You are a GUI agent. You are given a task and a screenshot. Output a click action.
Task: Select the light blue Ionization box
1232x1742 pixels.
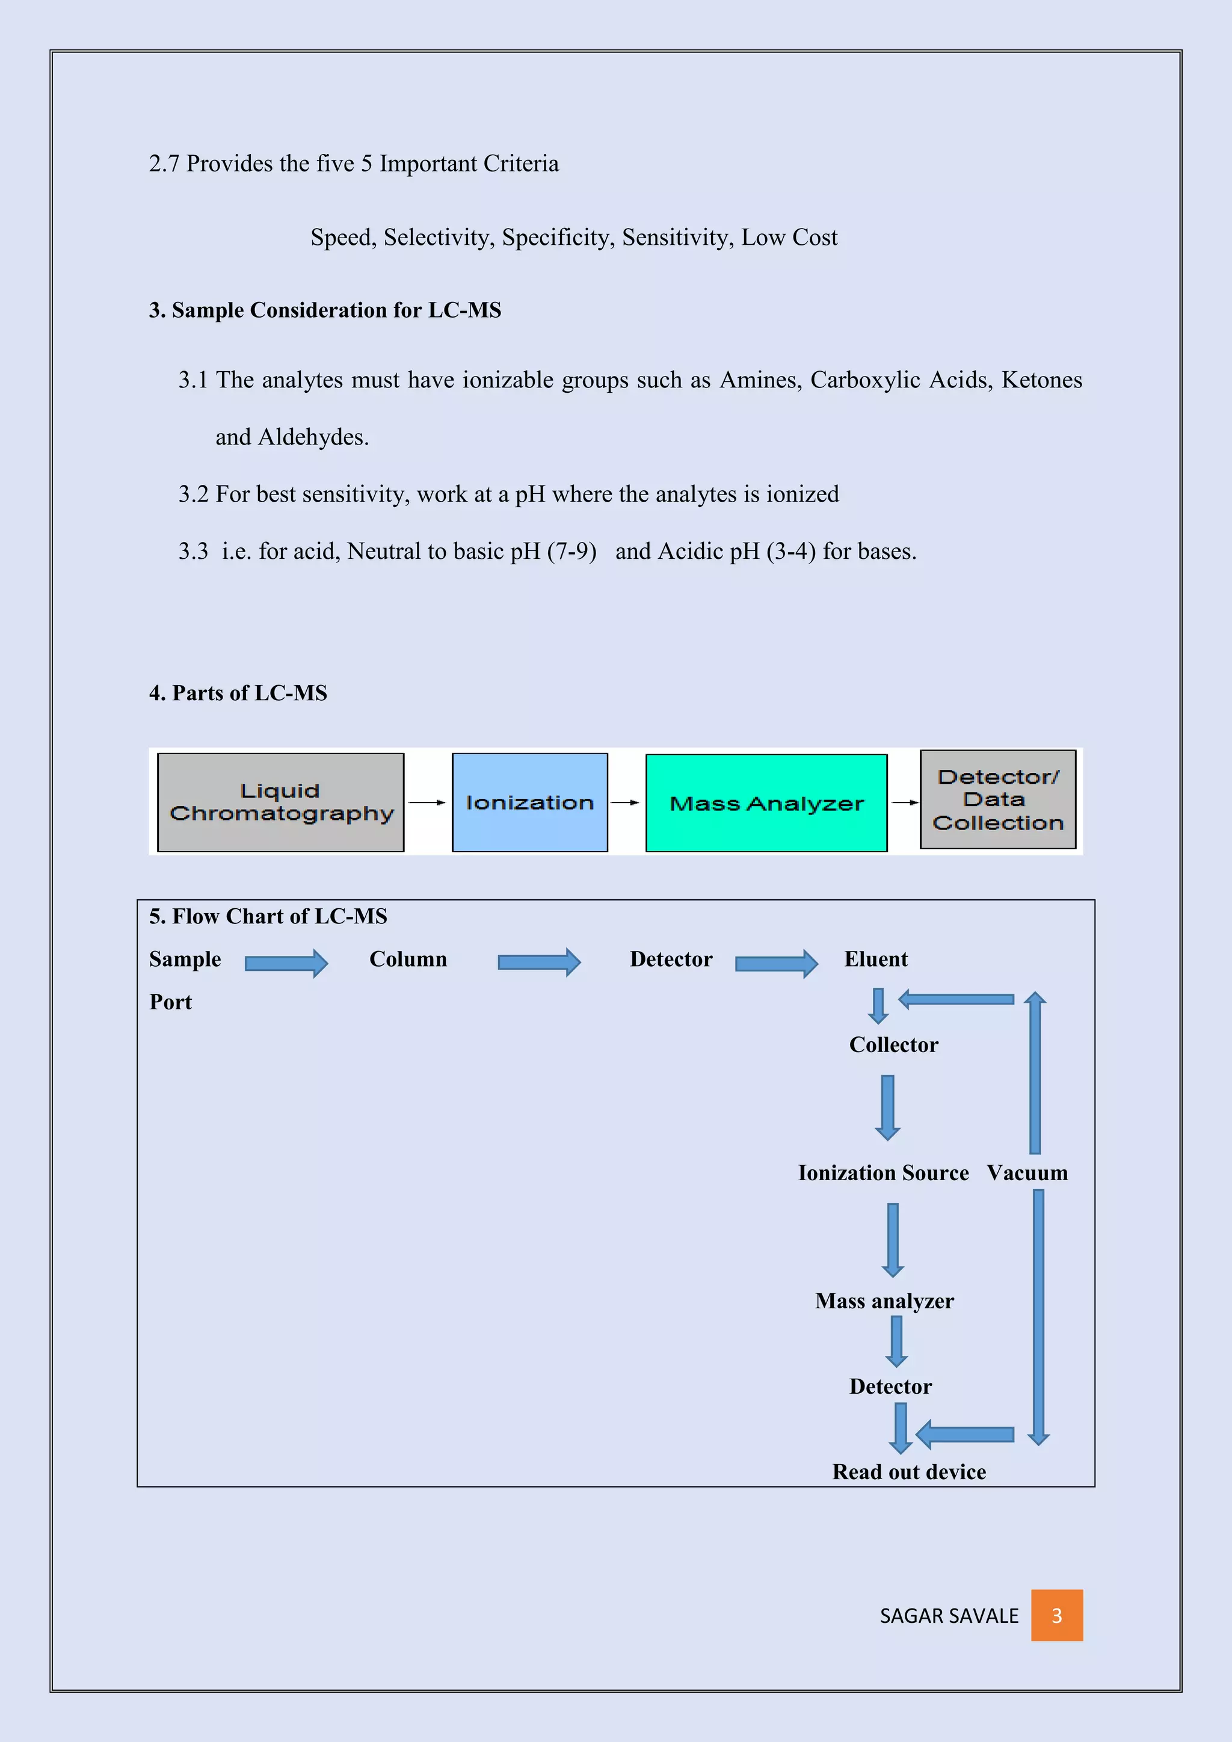point(529,802)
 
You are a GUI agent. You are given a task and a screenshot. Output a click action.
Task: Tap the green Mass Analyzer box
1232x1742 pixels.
point(766,802)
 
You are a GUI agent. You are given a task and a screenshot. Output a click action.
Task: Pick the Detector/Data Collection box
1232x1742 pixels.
point(997,799)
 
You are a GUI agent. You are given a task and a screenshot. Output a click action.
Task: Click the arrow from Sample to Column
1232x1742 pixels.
point(286,964)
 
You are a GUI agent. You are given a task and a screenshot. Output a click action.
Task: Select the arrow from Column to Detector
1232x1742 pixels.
point(538,962)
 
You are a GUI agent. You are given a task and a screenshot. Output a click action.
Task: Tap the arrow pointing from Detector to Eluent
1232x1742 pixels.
point(776,964)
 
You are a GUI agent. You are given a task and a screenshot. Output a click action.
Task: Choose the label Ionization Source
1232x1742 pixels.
point(883,1173)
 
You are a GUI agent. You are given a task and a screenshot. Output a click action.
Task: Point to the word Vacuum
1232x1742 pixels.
point(1027,1173)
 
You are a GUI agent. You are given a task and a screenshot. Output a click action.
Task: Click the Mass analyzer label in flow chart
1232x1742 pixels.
point(884,1301)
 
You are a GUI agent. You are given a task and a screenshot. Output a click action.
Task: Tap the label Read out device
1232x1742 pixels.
point(909,1472)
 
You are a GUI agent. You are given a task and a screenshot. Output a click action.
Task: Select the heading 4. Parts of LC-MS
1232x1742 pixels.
point(238,693)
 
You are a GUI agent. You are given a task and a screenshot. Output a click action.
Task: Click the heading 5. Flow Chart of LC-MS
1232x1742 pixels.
point(268,917)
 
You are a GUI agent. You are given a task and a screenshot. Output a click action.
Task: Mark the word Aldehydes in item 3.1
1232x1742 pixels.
point(313,437)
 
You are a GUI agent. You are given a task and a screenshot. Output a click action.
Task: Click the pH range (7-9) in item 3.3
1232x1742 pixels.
point(571,551)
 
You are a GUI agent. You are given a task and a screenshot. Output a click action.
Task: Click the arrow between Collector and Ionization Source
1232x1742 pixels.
point(887,1107)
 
